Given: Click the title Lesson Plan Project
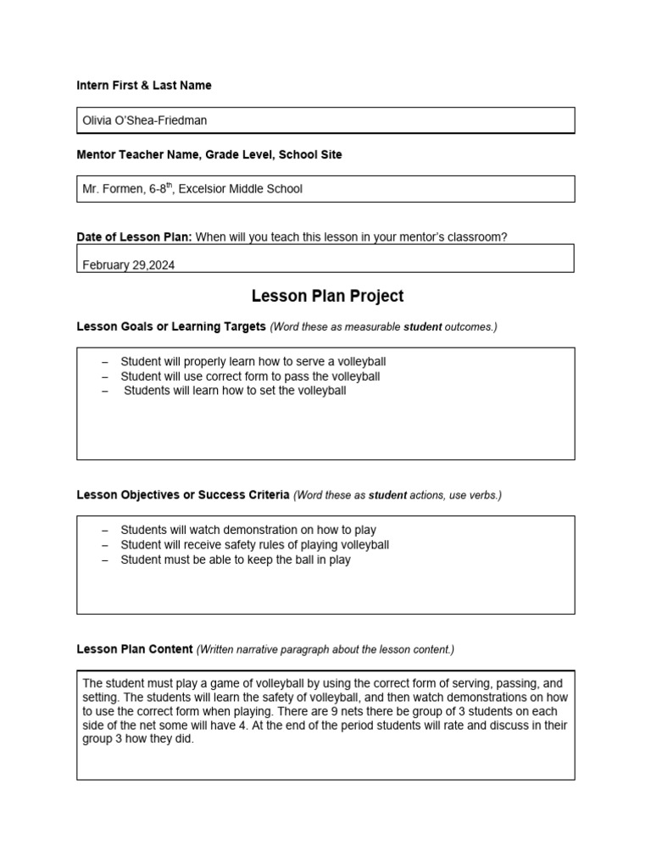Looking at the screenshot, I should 327,296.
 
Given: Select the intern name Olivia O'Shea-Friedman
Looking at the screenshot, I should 144,120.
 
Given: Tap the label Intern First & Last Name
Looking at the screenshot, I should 144,86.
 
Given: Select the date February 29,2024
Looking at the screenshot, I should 129,265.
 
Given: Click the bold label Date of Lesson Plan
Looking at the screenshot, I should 134,237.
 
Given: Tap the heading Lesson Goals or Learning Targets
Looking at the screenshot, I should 171,326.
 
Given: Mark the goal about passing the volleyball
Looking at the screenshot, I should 250,376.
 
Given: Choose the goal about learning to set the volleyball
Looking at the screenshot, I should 235,391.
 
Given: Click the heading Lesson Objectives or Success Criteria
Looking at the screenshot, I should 183,494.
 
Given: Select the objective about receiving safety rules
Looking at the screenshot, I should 254,545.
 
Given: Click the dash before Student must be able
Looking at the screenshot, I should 104,560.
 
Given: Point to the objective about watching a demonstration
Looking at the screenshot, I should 248,530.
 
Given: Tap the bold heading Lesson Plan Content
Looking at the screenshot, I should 135,649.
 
